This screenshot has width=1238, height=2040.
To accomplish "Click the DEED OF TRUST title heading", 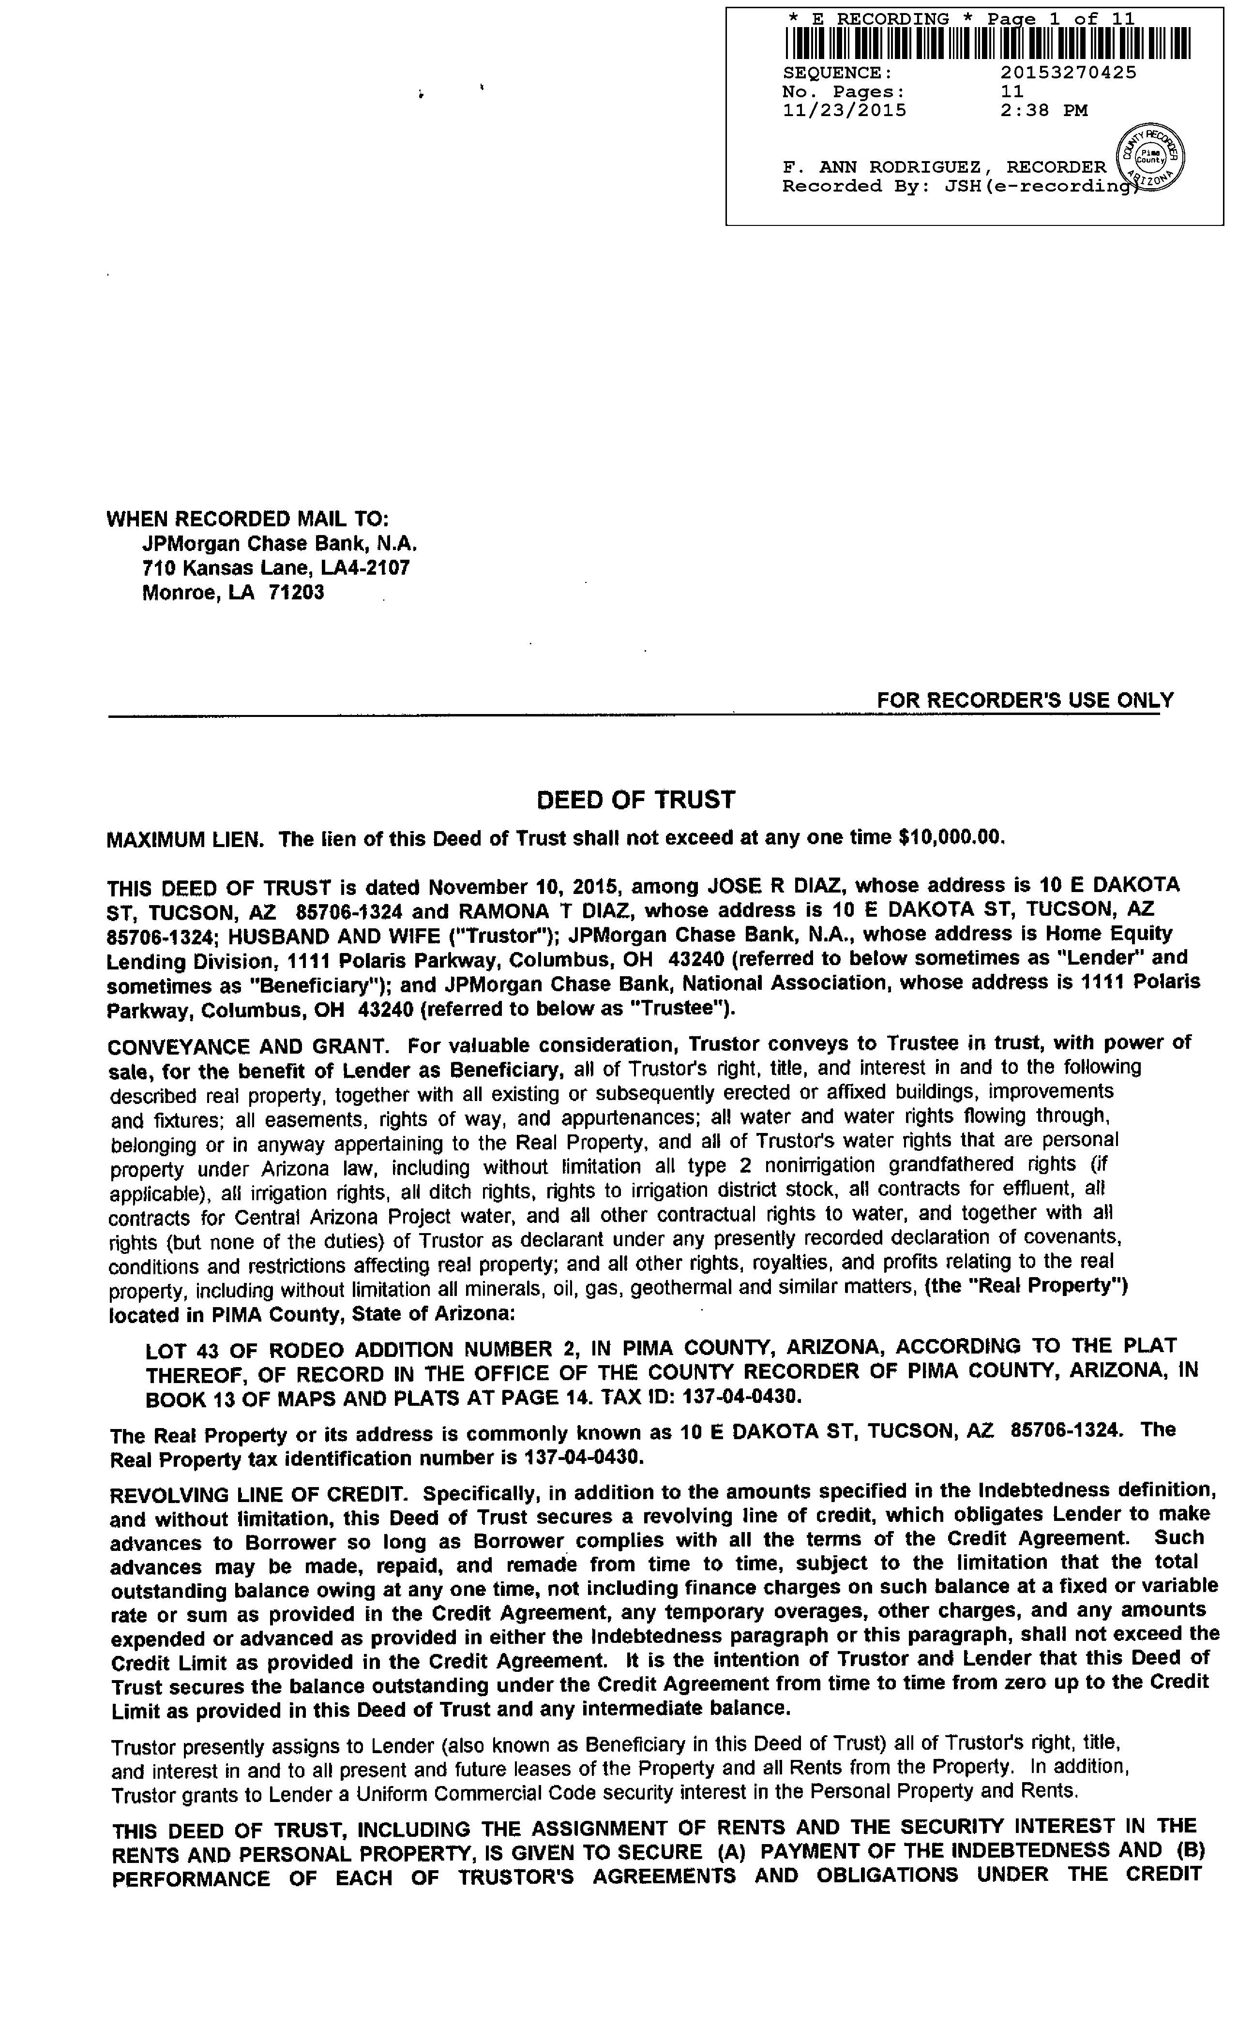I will coord(635,800).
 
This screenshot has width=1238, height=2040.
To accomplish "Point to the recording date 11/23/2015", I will coord(844,110).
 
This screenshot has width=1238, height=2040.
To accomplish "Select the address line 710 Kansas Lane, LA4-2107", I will coord(276,568).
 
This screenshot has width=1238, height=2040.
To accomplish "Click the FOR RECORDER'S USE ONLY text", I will coord(1025,700).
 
